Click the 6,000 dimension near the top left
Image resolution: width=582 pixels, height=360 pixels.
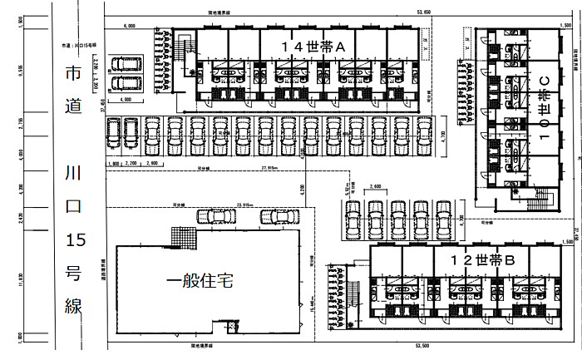tap(129, 27)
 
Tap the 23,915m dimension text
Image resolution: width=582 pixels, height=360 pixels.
tap(244, 203)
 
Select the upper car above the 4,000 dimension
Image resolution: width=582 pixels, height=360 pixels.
tap(126, 66)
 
